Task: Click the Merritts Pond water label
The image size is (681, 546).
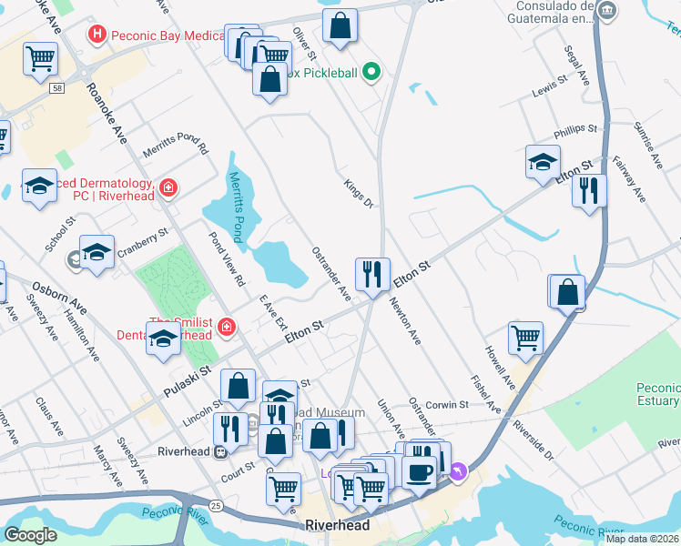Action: click(237, 207)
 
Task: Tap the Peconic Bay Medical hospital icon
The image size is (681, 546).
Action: click(97, 35)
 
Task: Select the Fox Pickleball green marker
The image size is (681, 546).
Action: click(371, 72)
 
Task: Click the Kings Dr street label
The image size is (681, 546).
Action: click(359, 193)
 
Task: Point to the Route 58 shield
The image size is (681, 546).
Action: click(57, 87)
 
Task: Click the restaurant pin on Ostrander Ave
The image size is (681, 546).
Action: click(372, 274)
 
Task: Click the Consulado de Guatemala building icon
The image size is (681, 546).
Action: click(609, 12)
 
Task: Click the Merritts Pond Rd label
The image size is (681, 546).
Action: click(176, 147)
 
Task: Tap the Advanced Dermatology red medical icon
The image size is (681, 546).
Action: click(168, 188)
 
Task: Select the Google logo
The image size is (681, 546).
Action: click(30, 534)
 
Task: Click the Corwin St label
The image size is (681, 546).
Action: click(445, 403)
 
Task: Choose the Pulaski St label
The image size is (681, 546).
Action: click(188, 381)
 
